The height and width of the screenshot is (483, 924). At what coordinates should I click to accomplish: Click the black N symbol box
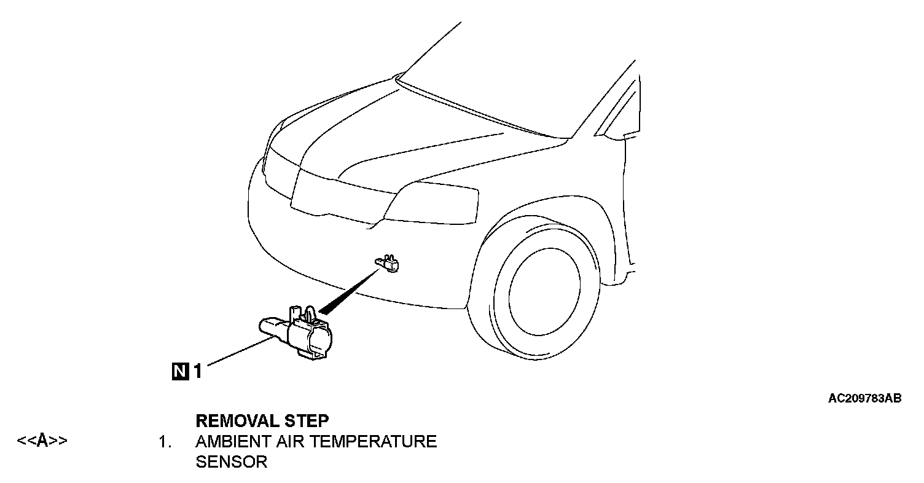click(180, 371)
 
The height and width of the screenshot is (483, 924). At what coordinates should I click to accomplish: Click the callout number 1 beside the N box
click(198, 371)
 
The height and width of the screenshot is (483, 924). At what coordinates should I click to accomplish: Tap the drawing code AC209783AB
click(864, 398)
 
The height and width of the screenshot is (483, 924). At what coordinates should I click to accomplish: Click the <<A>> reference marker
click(42, 441)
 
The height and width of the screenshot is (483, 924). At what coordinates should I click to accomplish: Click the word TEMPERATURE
click(375, 441)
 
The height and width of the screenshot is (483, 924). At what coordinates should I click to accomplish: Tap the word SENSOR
click(231, 462)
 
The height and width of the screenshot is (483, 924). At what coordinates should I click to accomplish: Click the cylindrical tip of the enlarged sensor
click(268, 325)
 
